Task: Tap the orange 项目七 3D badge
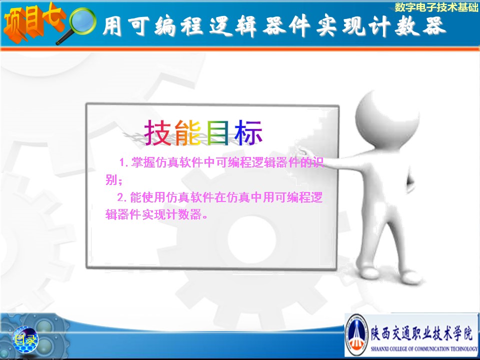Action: tap(33, 21)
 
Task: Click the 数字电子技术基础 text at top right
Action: tap(436, 7)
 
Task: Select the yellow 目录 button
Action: tap(25, 339)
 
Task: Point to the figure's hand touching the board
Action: tap(303, 151)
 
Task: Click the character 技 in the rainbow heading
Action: tap(157, 132)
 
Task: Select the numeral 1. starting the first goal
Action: tap(124, 162)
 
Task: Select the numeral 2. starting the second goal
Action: tap(122, 197)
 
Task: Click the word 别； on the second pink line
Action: tap(114, 179)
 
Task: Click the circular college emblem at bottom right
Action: tap(356, 334)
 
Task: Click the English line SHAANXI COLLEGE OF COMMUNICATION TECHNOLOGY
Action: tap(424, 348)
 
